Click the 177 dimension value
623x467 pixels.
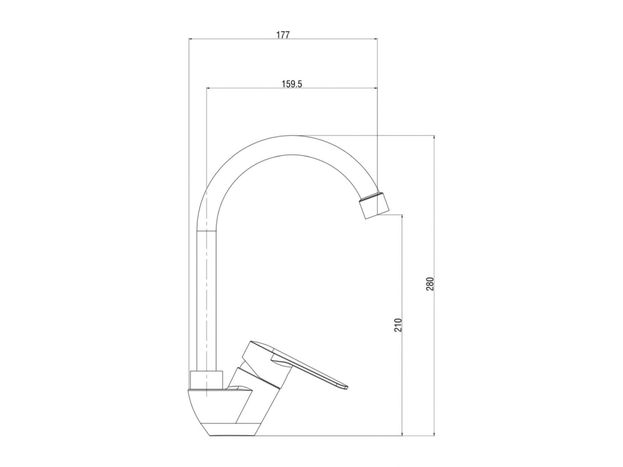click(283, 34)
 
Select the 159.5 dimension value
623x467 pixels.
click(292, 84)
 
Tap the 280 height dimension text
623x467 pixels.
click(430, 284)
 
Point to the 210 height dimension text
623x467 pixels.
click(399, 325)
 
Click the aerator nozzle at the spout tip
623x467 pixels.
click(374, 204)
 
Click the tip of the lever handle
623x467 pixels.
click(346, 386)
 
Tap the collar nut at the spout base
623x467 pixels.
click(206, 379)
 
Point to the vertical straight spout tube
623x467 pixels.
click(207, 300)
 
